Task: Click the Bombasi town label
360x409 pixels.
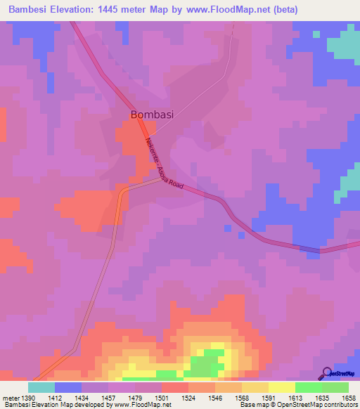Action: pos(152,114)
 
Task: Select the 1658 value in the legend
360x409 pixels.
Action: pos(349,398)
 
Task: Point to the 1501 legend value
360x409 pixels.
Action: pos(161,398)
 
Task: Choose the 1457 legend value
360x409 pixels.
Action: pos(108,398)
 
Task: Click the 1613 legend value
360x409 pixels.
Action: pos(295,398)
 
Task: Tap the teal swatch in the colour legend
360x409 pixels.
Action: pos(41,387)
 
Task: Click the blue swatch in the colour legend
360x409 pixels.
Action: pos(68,387)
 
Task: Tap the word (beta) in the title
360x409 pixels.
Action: pos(282,10)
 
